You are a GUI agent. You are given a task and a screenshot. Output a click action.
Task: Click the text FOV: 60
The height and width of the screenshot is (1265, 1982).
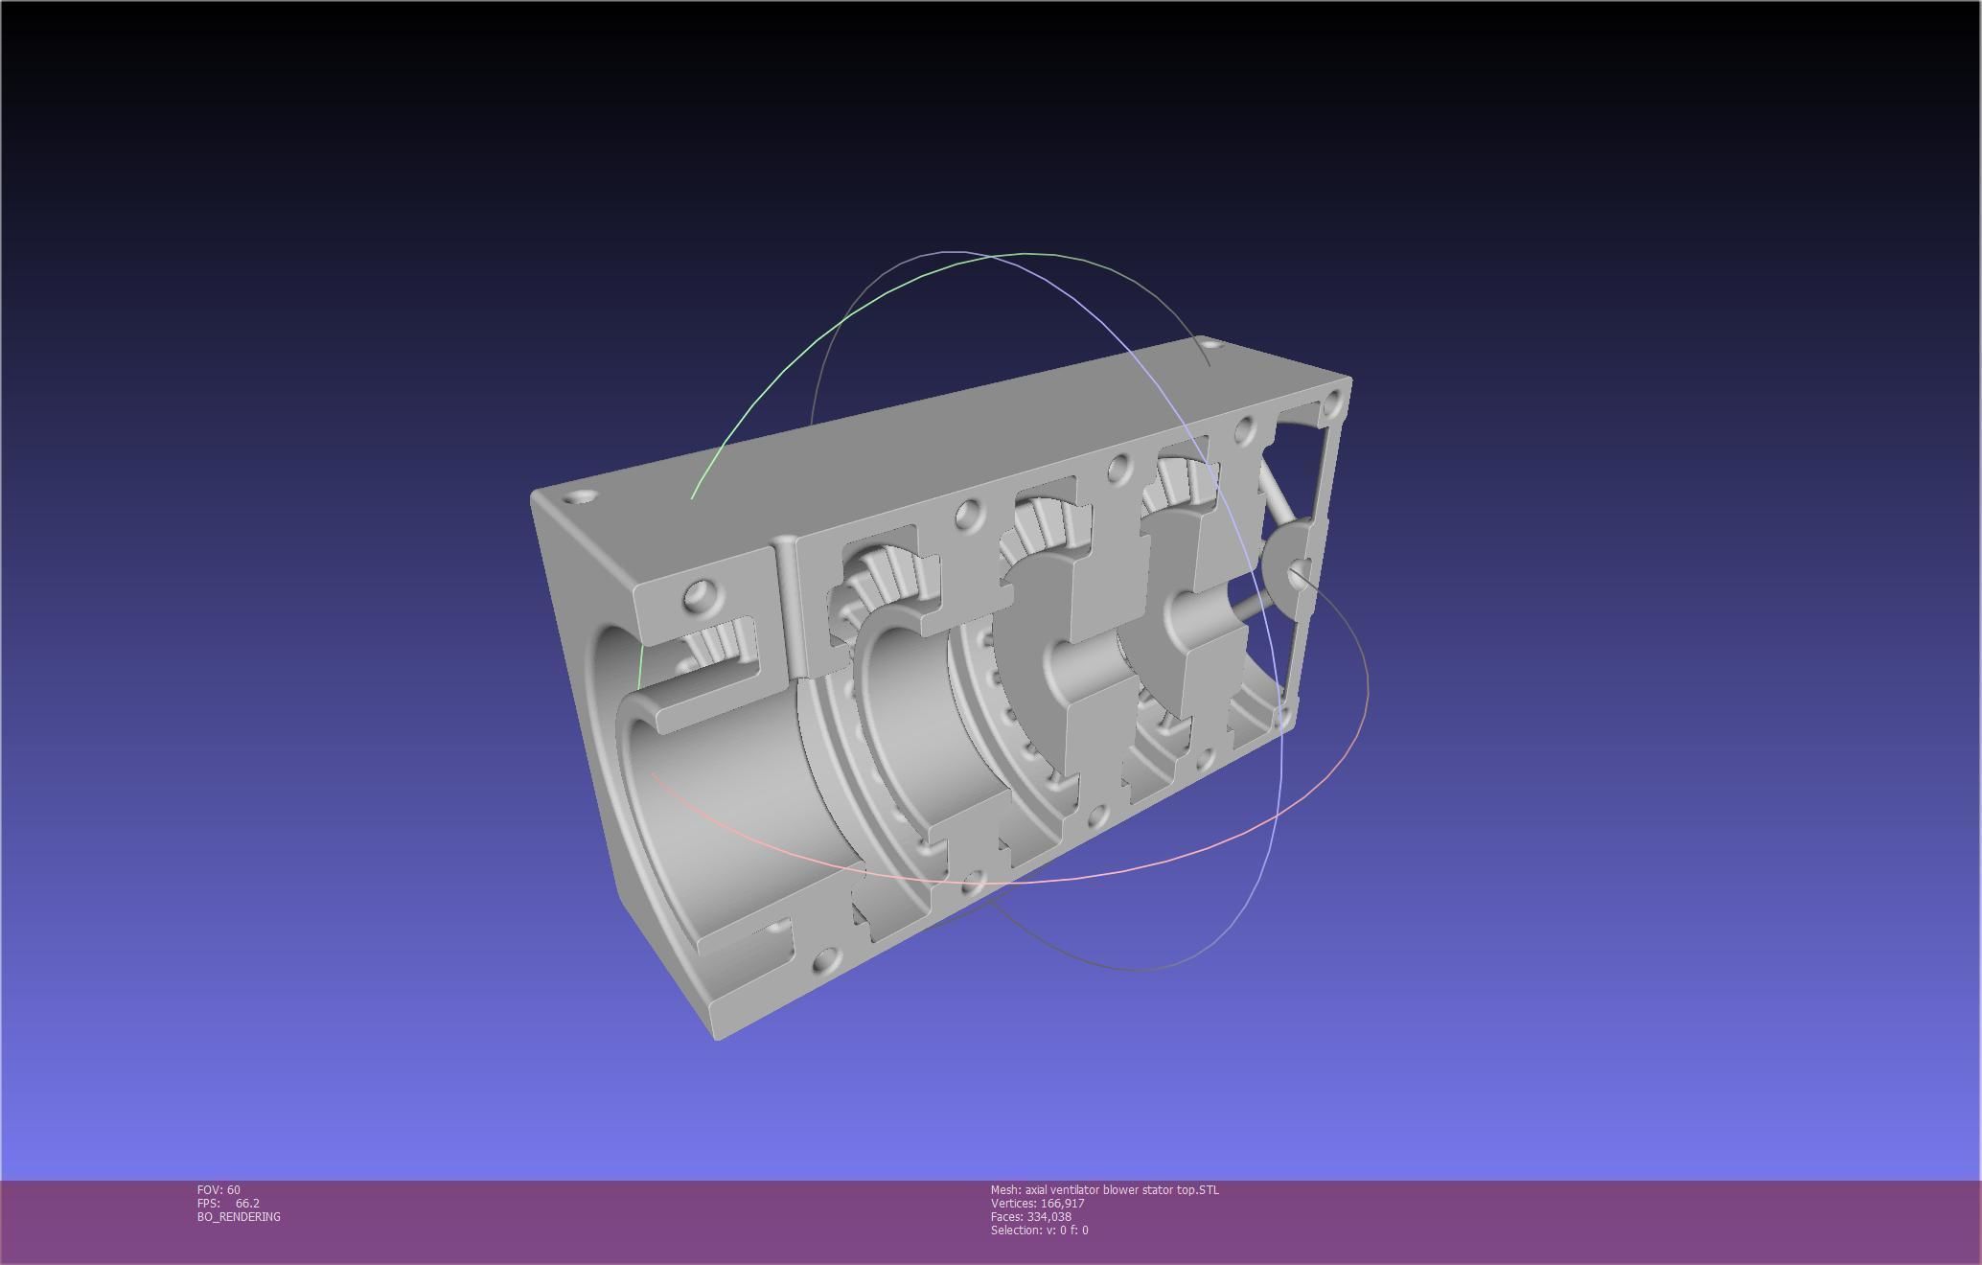click(x=219, y=1189)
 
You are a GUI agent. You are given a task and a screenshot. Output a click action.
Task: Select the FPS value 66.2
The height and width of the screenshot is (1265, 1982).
click(x=246, y=1203)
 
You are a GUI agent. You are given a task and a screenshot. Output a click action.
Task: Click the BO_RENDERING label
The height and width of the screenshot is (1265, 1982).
click(x=239, y=1216)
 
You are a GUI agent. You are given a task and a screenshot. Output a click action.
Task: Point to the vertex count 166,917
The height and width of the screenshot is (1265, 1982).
click(x=1062, y=1203)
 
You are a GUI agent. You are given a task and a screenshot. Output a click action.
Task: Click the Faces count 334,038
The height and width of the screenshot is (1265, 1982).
click(x=1049, y=1216)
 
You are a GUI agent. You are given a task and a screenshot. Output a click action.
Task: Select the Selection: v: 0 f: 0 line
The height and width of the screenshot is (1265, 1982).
click(x=1039, y=1230)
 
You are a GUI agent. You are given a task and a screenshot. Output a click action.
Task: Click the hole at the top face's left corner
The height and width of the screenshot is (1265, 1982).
click(x=578, y=498)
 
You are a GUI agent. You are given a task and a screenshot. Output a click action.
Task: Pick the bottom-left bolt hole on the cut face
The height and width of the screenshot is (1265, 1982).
click(x=822, y=961)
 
